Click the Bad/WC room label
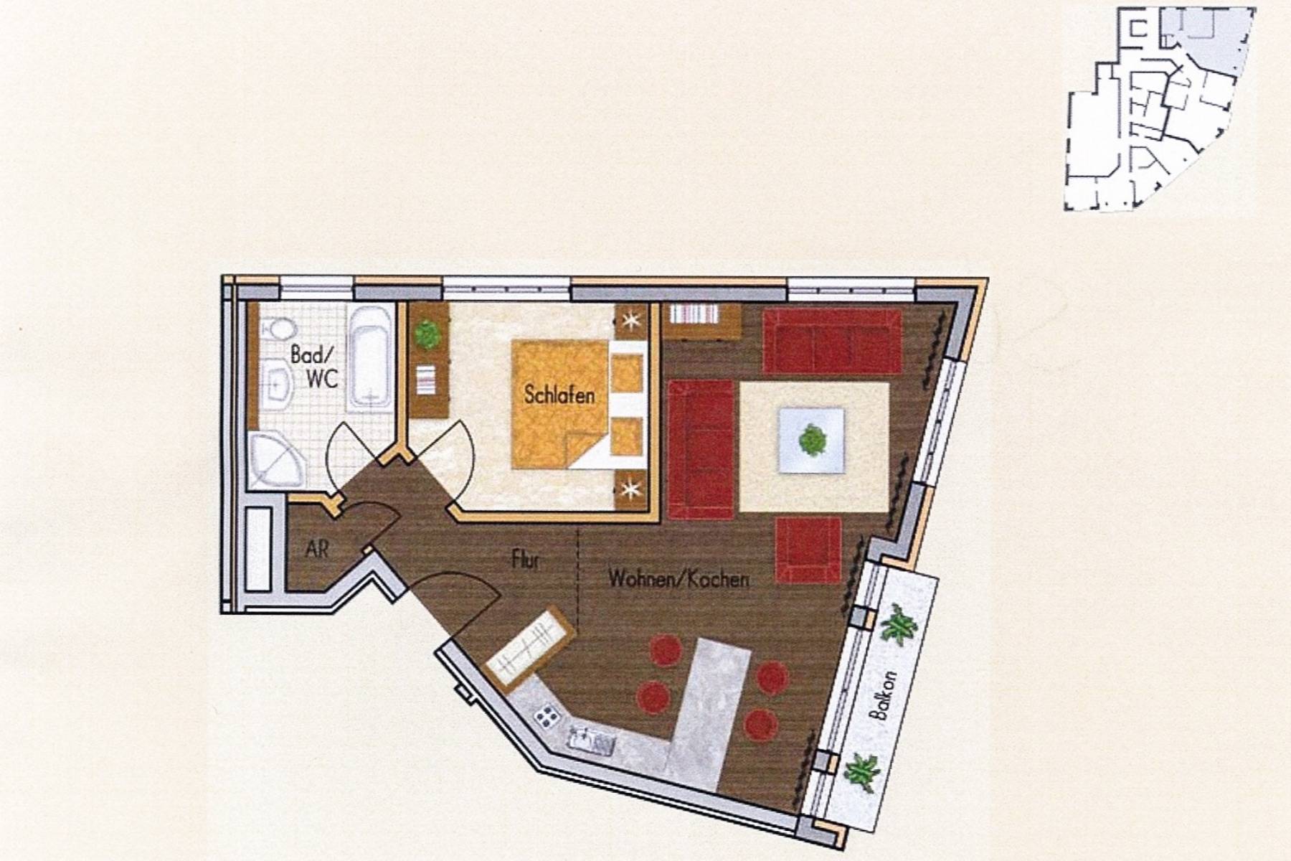pos(313,367)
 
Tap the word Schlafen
pos(559,395)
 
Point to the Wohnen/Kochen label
pos(678,579)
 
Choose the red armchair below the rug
pos(808,550)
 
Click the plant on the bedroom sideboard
pos(427,334)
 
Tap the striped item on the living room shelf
pos(695,316)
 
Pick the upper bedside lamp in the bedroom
pos(631,321)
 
